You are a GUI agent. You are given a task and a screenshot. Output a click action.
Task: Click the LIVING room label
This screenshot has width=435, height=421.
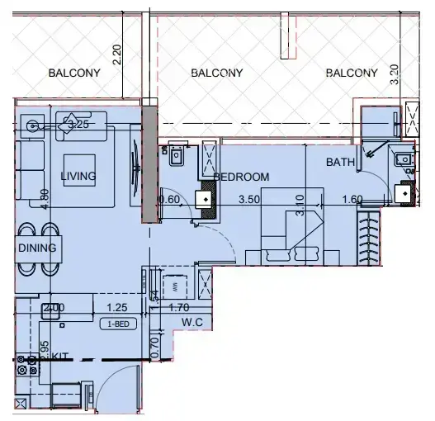coord(78,177)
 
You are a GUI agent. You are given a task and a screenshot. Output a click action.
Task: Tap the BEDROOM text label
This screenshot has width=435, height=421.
coord(242,177)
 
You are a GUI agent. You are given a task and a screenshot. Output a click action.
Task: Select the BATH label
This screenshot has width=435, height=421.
coord(340,163)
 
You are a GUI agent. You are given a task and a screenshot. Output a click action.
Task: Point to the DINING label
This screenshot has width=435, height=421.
coord(36,248)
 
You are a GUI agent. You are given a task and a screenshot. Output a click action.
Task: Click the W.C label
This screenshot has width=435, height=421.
coord(192,322)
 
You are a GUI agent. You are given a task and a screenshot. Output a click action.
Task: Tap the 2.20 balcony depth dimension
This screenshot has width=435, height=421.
coord(117,55)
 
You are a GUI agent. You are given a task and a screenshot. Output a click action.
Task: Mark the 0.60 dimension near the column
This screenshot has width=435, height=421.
coord(169,199)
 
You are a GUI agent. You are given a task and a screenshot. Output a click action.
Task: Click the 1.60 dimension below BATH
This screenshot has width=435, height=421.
coord(352,199)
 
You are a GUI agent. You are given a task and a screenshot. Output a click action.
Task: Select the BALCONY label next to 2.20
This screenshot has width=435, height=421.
coord(74,73)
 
